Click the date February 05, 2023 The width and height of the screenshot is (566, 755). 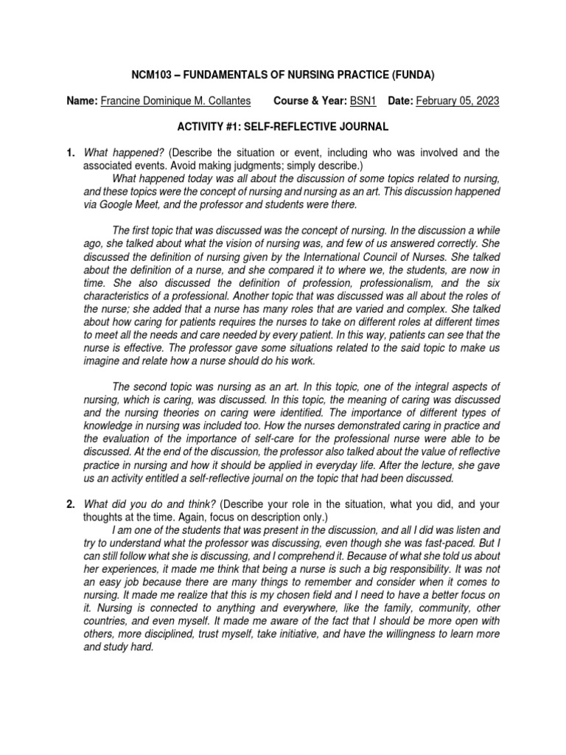coord(458,100)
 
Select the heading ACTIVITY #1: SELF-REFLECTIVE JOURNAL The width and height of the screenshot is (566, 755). coord(283,127)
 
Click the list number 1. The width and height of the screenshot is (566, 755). coord(70,153)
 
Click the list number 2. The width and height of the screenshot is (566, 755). coord(70,504)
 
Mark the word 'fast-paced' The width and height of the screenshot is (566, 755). coord(446,543)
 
